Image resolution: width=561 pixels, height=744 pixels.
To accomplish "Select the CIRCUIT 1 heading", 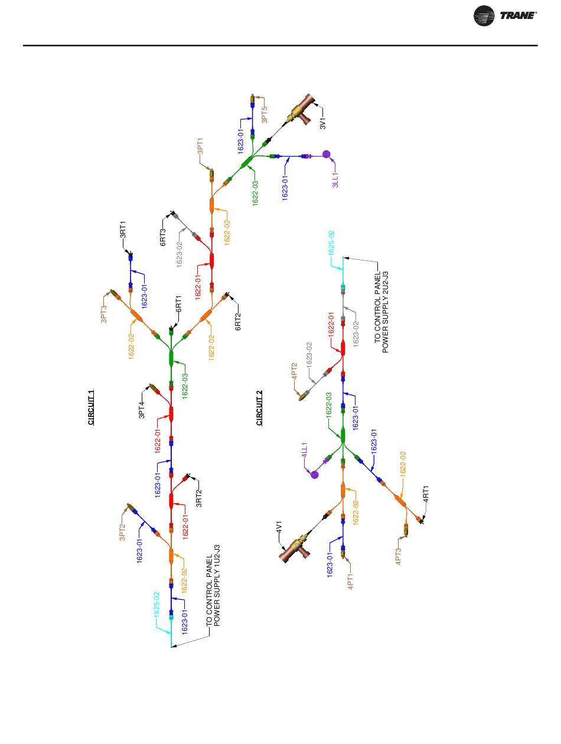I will point(92,407).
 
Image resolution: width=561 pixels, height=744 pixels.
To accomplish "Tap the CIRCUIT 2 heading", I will point(259,407).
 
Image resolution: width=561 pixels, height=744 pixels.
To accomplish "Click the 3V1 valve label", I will point(323,123).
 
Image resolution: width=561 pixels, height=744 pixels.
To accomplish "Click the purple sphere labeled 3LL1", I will point(326,155).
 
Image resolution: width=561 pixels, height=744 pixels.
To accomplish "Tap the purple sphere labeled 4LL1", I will point(315,474).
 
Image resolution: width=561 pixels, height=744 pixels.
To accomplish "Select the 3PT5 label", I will point(265,115).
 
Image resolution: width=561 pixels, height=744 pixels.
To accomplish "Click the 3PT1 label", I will point(200,146).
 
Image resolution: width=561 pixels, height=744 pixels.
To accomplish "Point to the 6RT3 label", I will point(163,237).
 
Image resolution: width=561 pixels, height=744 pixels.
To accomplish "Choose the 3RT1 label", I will point(123,229).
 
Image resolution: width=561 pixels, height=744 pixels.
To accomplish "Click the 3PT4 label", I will point(142,410).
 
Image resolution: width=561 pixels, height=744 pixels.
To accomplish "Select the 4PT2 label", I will point(294,373).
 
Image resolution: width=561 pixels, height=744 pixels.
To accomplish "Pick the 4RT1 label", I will point(426,494).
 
